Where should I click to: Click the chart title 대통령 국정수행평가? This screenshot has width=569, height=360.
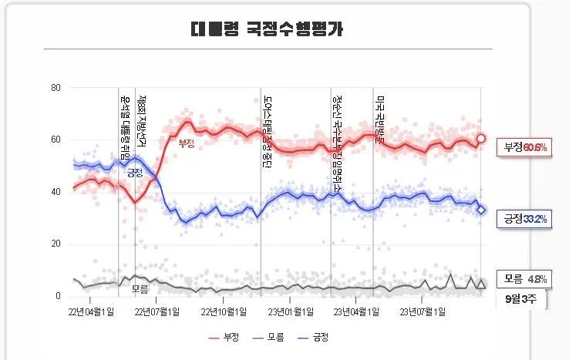[268, 30]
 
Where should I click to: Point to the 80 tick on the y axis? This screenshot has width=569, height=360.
[56, 87]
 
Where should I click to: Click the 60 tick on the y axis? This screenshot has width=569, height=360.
[56, 140]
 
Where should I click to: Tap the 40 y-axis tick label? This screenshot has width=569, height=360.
[56, 192]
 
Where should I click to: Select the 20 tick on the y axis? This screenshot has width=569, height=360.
[56, 244]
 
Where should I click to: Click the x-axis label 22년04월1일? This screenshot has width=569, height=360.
[92, 312]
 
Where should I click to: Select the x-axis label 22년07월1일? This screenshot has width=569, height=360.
[158, 312]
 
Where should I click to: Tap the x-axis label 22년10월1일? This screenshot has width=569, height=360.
[224, 312]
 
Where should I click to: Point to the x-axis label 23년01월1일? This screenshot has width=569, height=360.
[291, 312]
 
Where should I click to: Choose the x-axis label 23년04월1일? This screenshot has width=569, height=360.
[356, 312]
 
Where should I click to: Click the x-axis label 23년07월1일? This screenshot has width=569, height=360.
[423, 312]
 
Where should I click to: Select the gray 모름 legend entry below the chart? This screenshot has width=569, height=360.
[269, 338]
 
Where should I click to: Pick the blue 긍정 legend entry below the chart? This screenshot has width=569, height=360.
[315, 338]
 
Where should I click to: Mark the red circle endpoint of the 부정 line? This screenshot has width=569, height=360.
[481, 139]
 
